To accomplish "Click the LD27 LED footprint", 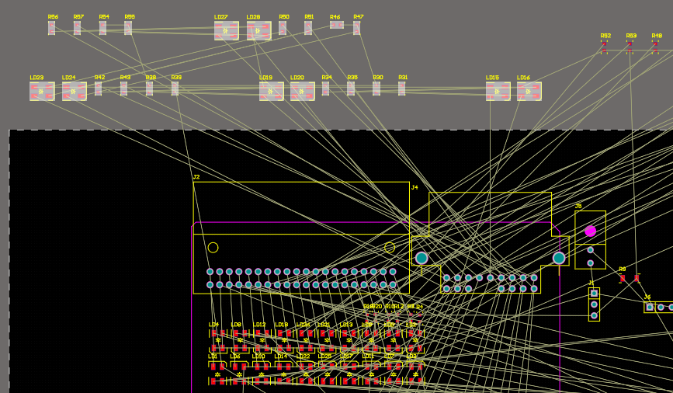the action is point(226,30).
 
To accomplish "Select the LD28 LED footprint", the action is point(258,30).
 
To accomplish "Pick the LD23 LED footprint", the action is point(42,91).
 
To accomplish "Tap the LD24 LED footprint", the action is point(74,91).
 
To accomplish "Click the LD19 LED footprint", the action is point(271,91).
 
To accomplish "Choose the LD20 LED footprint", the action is point(302,91).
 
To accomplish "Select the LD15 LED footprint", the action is point(498,91).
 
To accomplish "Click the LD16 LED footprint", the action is point(529,91).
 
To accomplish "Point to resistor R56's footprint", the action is point(52,28).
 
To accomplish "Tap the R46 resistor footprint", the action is point(336,25).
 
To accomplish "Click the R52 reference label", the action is point(605,36).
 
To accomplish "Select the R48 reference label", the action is point(657,36).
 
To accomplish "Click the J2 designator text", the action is point(196,177).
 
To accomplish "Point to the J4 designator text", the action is point(415,187).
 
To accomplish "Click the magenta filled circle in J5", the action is point(590,231).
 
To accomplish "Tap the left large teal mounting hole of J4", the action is point(421,258).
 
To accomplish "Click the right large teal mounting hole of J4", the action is point(559,258).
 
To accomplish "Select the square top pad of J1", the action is point(594,293).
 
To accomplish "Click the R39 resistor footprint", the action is point(175,89).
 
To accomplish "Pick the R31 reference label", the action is point(403,78).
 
